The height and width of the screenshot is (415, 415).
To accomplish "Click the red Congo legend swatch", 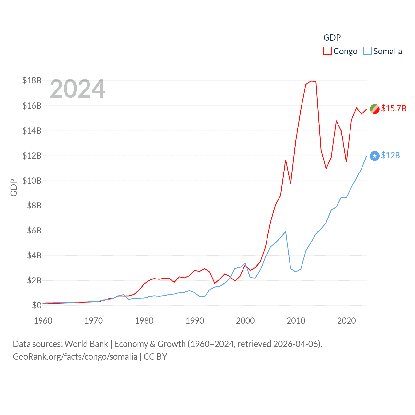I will (x=327, y=51).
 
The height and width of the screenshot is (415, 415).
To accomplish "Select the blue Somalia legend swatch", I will (x=367, y=51).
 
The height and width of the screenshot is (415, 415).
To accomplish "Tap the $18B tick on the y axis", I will (x=32, y=80).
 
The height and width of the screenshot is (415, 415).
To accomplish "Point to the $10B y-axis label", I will (x=32, y=181).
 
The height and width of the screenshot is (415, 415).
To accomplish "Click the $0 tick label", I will (x=37, y=305).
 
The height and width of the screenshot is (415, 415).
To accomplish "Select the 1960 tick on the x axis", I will (x=43, y=321).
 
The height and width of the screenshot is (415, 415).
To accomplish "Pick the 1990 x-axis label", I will (x=195, y=321).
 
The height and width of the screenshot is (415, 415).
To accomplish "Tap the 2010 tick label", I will (x=296, y=321).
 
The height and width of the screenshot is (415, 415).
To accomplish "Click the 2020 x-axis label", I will (x=347, y=321).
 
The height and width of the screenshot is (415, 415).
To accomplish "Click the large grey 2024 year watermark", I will (x=77, y=89).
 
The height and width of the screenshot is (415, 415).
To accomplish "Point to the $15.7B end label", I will (x=394, y=108).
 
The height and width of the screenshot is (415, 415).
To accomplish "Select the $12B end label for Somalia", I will (x=390, y=156).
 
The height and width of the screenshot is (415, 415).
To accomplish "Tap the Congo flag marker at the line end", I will (x=375, y=109).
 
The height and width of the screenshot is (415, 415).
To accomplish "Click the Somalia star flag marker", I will (x=375, y=156).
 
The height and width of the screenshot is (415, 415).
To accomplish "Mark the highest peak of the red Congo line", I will (x=311, y=81).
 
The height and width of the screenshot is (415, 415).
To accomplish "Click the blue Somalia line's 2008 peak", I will (x=285, y=231).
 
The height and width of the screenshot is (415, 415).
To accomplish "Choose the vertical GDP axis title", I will (x=14, y=187).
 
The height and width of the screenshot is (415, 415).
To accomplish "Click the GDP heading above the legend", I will (x=332, y=38).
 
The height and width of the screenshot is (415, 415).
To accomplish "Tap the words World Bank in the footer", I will (x=87, y=344).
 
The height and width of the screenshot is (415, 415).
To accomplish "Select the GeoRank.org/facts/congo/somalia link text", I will (x=75, y=357).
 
